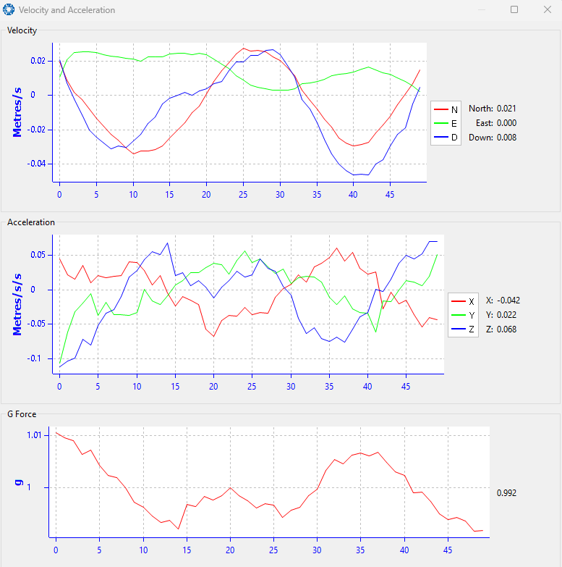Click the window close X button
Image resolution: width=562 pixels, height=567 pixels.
point(548,9)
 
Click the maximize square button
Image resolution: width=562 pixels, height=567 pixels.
point(514,9)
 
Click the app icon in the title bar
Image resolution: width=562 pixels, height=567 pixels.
point(9,9)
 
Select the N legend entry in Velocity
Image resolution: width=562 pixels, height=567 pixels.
point(446,109)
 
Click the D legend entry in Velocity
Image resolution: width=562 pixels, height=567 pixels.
point(446,138)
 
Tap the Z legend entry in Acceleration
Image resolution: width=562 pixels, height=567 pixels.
point(463,329)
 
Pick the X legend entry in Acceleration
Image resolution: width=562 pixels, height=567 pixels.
point(463,301)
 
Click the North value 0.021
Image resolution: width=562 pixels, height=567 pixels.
point(506,109)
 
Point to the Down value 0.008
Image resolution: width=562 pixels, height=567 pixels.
point(506,138)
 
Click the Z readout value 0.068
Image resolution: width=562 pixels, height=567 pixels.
point(506,329)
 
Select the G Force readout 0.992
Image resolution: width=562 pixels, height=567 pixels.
point(506,493)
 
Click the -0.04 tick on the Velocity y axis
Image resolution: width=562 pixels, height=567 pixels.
point(36,164)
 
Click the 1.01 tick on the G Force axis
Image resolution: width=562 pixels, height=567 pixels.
point(34,435)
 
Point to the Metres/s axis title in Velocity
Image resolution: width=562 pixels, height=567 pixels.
point(17,112)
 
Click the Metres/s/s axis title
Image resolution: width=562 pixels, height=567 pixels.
point(17,304)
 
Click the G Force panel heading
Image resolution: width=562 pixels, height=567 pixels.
point(22,414)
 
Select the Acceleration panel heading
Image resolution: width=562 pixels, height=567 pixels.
point(31,222)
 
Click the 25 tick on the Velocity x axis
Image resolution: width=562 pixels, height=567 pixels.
point(243,195)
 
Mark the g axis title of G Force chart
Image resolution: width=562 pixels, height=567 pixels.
point(18,483)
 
